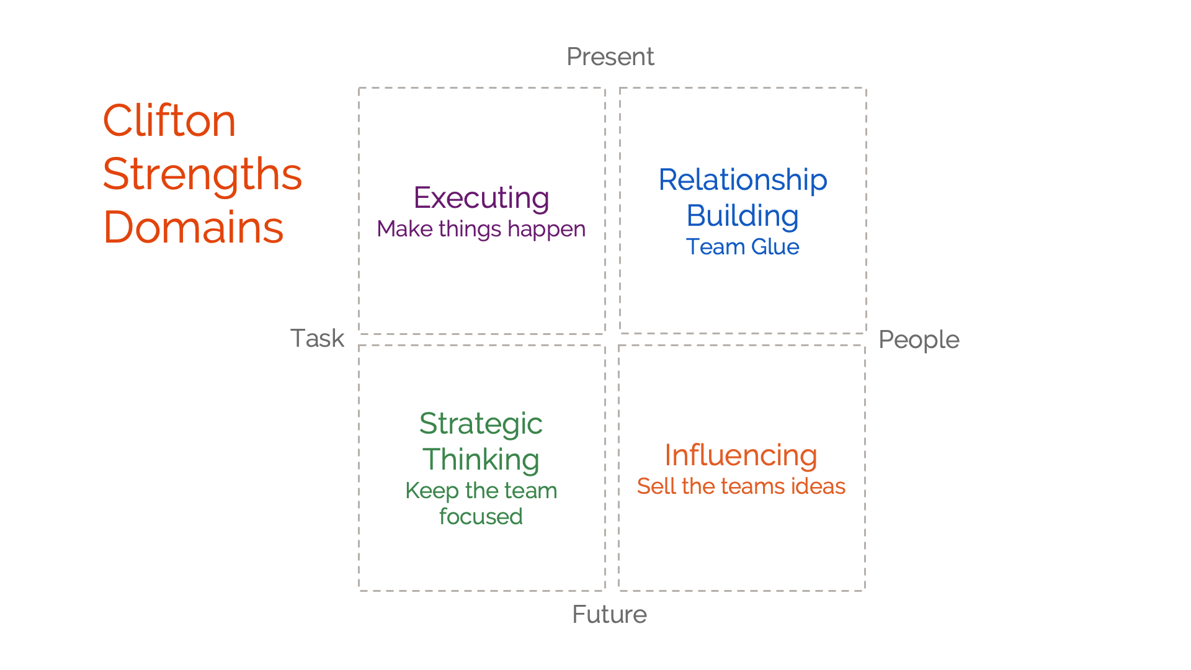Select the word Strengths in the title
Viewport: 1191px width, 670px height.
point(202,174)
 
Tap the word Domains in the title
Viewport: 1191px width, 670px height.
point(193,227)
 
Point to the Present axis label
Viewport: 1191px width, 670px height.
point(610,56)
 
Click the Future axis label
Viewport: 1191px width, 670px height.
point(609,614)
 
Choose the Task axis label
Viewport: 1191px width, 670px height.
point(317,338)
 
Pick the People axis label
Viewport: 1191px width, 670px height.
point(919,339)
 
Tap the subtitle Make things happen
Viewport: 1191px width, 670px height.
point(481,229)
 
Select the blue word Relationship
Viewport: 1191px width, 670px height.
point(743,180)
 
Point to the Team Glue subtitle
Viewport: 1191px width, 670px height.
point(743,247)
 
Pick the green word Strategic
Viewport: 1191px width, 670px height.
point(481,424)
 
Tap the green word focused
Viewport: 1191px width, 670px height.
point(481,516)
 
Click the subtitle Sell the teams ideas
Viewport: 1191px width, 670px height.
point(741,486)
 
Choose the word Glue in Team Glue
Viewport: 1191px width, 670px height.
point(775,247)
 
